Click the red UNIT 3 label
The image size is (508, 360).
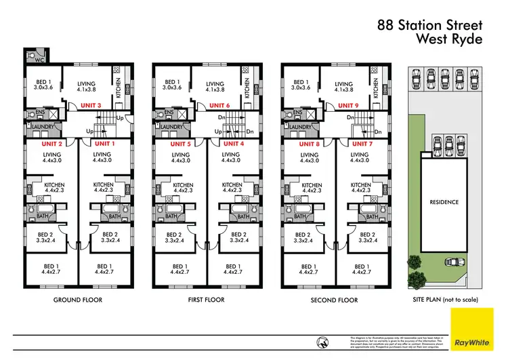90,106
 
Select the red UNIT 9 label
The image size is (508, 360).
348,106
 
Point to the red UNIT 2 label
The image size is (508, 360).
51,144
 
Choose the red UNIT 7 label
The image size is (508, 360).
362,144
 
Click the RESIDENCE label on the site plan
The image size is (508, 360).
444,202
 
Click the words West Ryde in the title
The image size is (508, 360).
450,39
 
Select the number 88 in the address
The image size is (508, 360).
385,25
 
